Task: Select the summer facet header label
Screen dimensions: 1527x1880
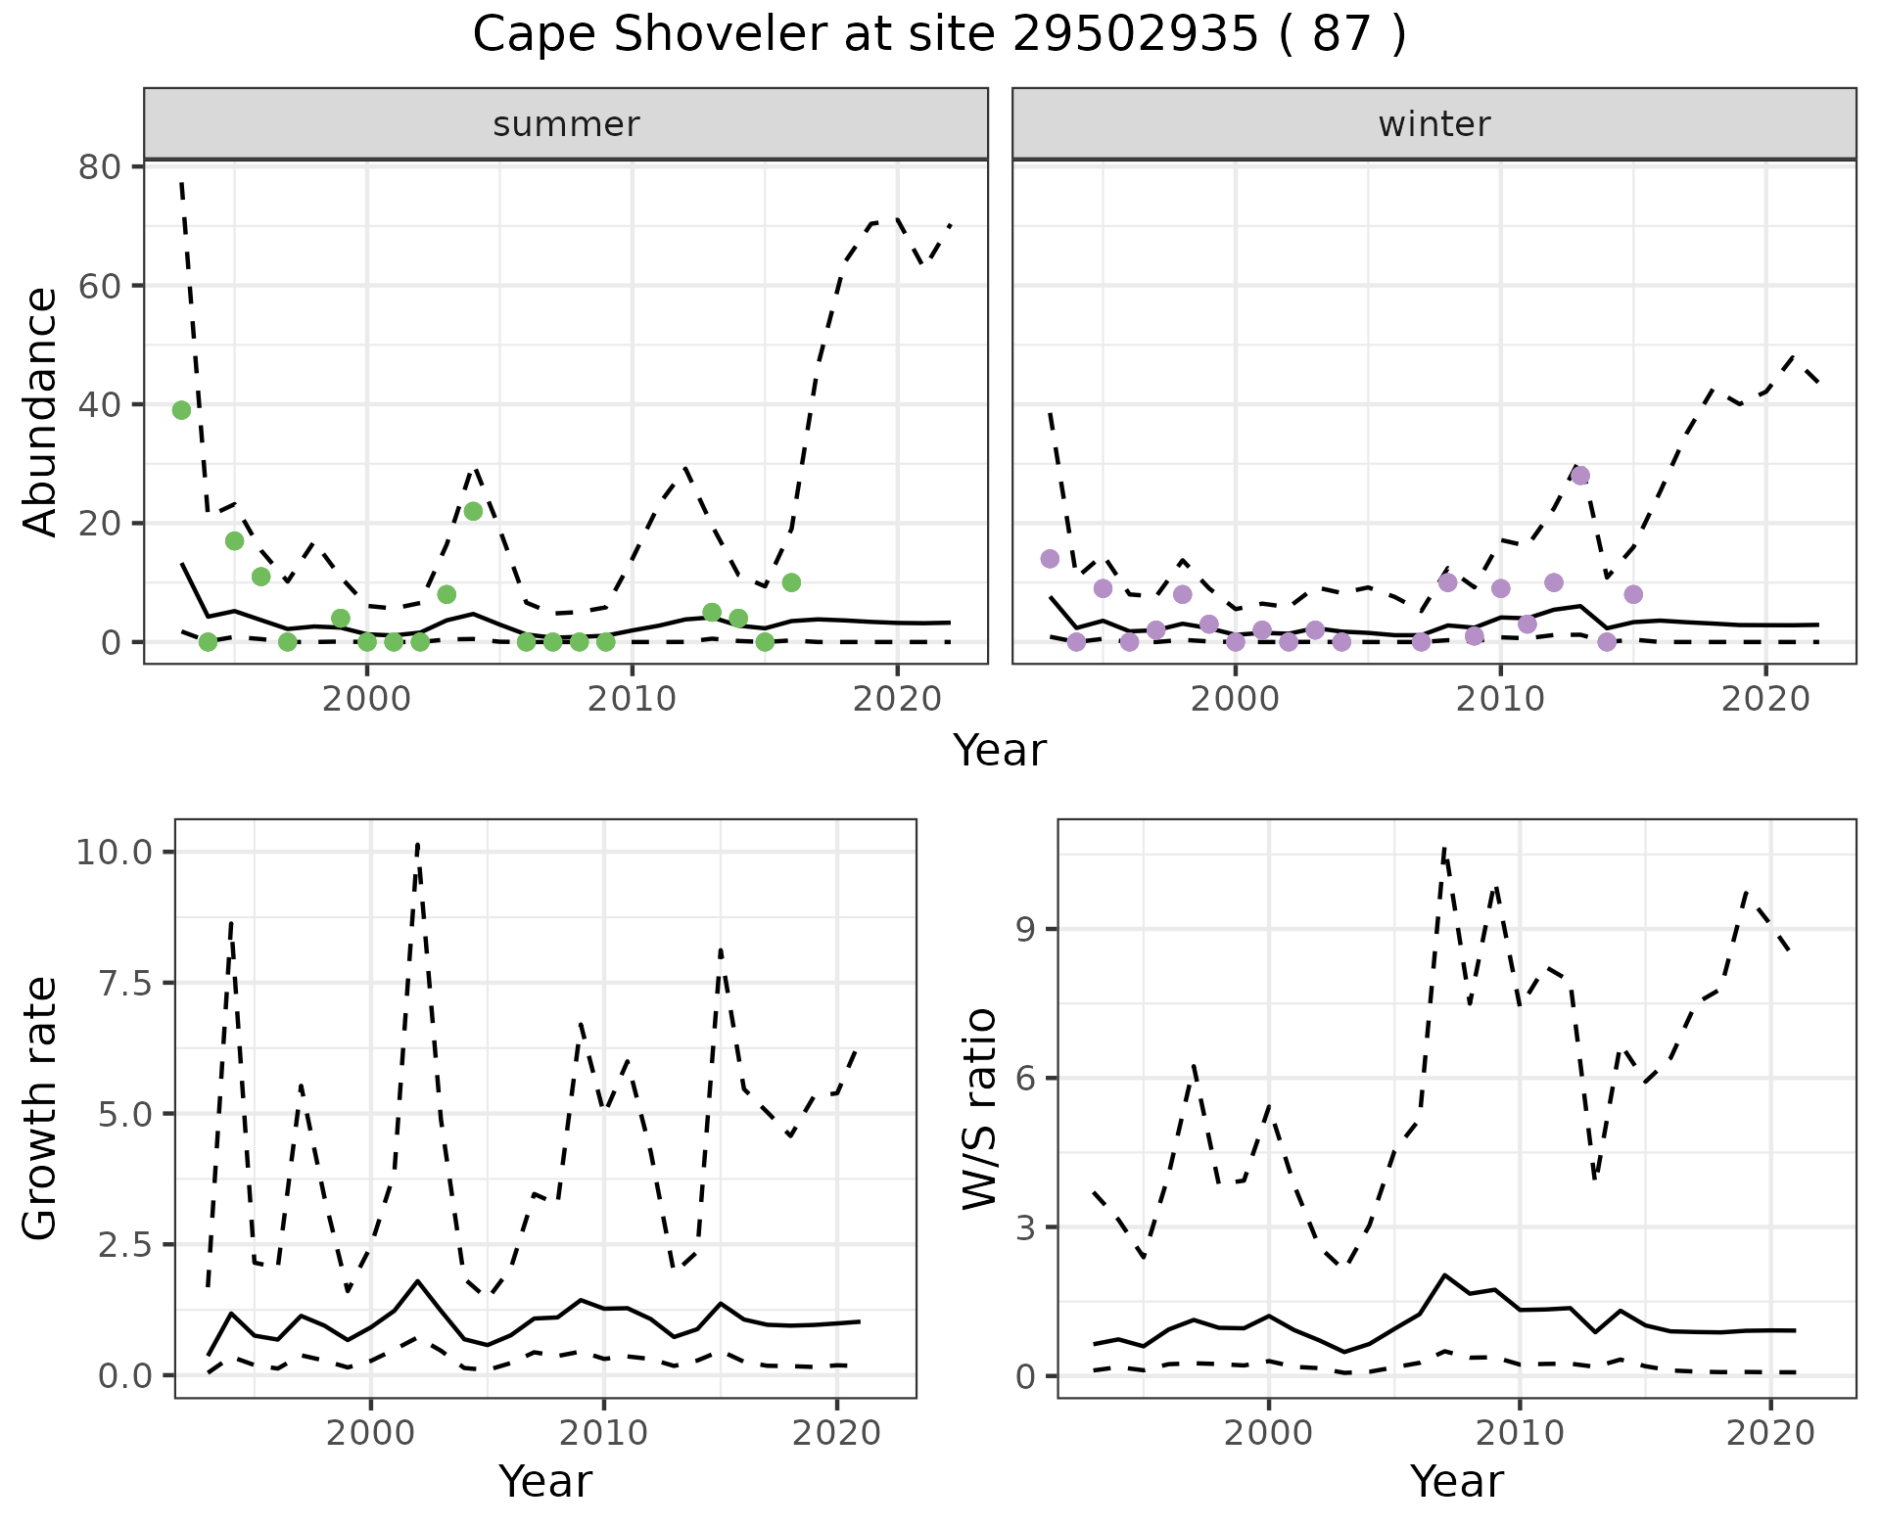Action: (566, 124)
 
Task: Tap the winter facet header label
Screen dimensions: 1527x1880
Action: (1433, 124)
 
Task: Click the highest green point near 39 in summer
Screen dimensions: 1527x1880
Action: (181, 410)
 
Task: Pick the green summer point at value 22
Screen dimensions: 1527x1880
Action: (473, 511)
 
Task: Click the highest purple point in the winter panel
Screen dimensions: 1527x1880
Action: (1579, 476)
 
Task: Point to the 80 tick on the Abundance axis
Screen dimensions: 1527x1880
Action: (99, 166)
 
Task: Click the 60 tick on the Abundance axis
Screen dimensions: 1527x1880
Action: (99, 286)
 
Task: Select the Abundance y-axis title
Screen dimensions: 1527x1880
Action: (41, 411)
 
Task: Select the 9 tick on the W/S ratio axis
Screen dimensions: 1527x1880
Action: (1026, 929)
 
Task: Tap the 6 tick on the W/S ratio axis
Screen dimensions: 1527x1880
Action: (1026, 1078)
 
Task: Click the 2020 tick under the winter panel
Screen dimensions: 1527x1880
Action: (1765, 699)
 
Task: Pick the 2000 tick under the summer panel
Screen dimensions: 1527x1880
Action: (367, 699)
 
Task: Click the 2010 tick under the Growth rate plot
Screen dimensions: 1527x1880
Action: (603, 1433)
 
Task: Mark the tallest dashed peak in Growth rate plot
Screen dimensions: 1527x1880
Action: (418, 844)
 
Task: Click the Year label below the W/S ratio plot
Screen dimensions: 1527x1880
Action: (1456, 1481)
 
